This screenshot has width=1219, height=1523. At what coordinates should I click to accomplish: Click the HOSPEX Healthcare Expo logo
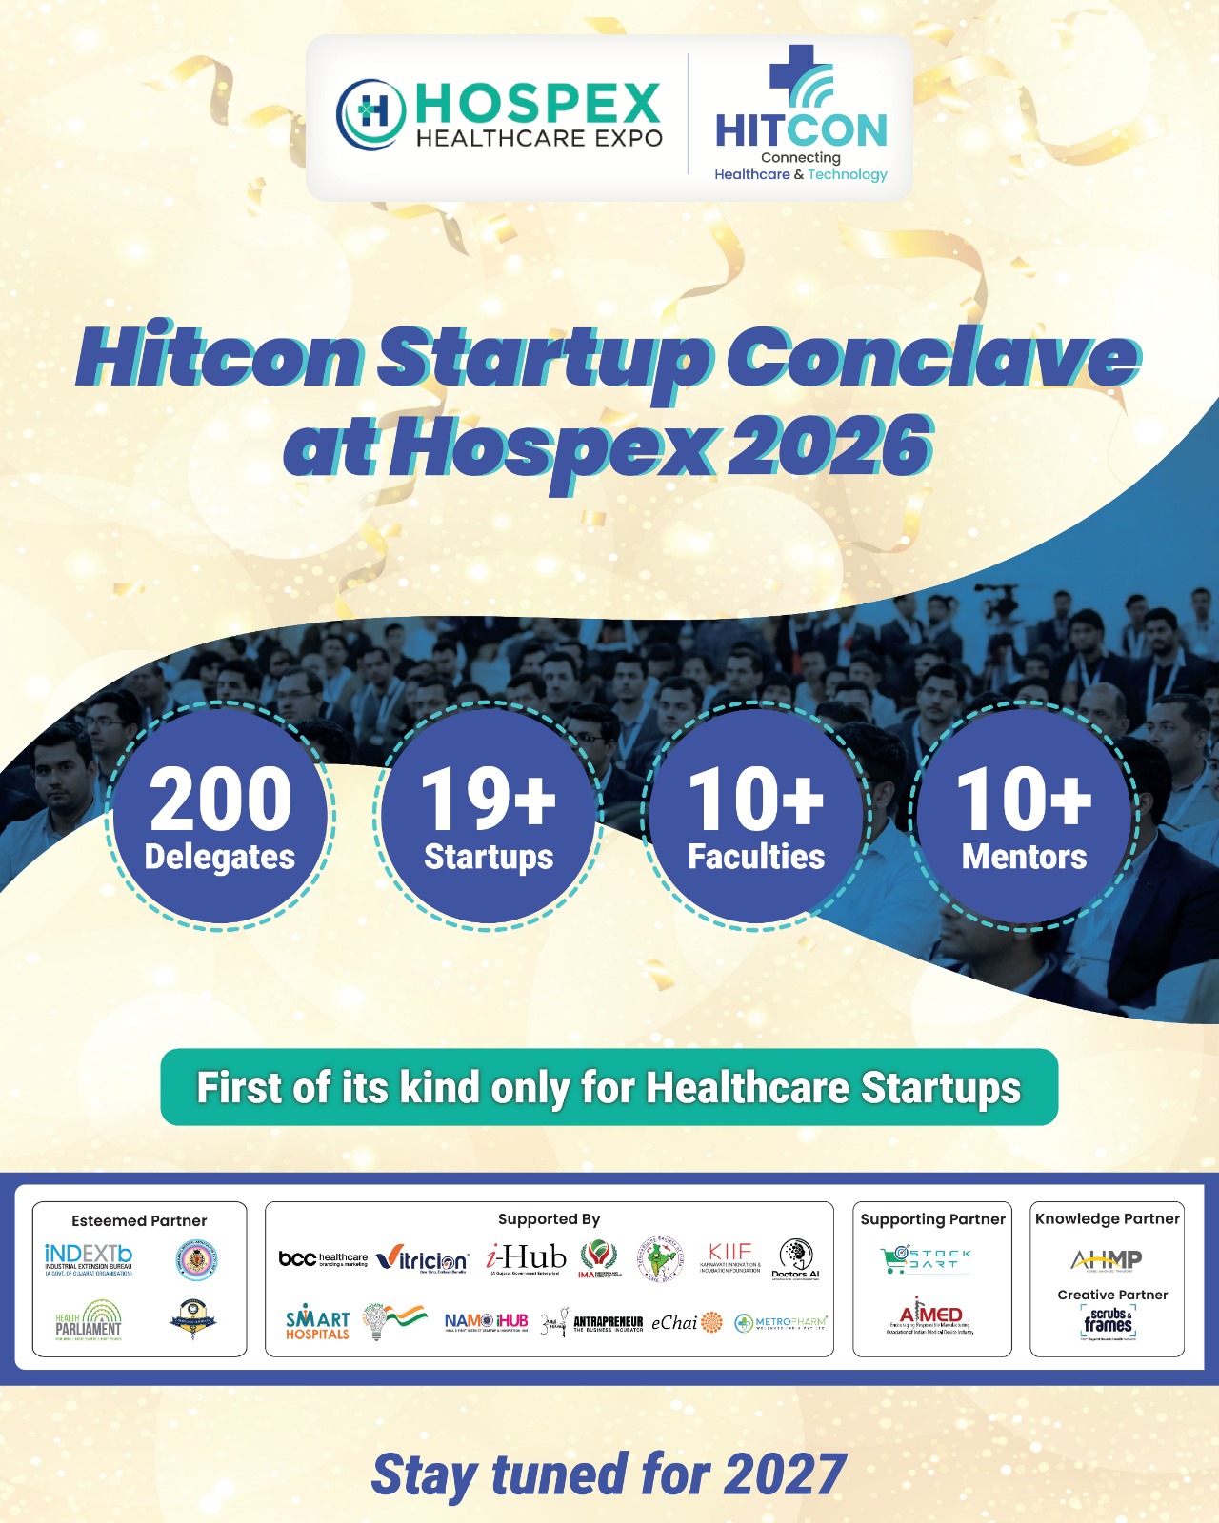coord(500,117)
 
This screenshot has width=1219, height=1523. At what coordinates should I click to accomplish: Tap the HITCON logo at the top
coord(801,116)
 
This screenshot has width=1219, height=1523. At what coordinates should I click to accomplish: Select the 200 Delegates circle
coord(220,817)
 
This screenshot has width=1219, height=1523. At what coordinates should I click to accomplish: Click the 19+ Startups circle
coord(489,817)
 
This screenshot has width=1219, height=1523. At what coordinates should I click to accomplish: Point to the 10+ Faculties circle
coord(756,817)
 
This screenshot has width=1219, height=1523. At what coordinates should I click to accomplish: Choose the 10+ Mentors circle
coord(1024,817)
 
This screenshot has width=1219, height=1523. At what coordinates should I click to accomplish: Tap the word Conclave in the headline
coord(933,358)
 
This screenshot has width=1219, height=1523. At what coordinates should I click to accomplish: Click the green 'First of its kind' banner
coord(609,1087)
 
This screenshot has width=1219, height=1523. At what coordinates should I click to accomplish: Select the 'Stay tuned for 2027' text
coord(609,1474)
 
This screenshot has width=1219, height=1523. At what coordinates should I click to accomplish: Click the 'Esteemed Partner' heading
coord(139,1220)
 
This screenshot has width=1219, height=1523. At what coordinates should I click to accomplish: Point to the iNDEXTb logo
coord(89,1258)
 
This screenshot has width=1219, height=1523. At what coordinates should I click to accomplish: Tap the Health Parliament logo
coord(89,1320)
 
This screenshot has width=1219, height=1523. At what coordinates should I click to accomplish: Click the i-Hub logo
coord(527,1258)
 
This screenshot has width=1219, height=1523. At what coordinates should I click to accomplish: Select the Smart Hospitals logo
coord(317,1322)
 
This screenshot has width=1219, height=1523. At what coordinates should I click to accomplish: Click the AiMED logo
coord(930,1316)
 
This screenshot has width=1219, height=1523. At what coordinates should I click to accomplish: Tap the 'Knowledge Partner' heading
coord(1107,1218)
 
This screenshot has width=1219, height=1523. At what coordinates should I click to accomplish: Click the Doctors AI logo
coord(795,1258)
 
